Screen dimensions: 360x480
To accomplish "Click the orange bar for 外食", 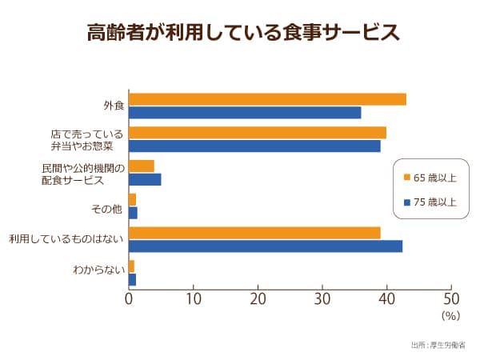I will (x=267, y=99).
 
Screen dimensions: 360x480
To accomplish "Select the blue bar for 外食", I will (x=245, y=113).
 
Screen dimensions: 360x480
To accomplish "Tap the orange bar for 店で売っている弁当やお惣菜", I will (x=258, y=133).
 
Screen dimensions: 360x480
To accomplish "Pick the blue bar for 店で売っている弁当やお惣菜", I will (x=254, y=146).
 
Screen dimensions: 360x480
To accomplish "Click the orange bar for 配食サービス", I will (x=142, y=166).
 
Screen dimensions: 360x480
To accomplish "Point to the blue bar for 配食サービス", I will (x=145, y=179).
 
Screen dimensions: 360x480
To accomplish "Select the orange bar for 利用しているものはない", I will (x=254, y=233).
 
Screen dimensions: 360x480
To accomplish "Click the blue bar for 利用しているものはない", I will (x=266, y=246).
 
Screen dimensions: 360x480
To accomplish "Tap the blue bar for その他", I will (x=133, y=213).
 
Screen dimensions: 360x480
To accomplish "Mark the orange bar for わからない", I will (x=132, y=266).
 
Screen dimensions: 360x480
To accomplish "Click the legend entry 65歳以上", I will (x=430, y=177).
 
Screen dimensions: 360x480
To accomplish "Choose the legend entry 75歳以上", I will (x=430, y=202).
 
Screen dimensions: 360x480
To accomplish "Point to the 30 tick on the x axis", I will (x=322, y=299).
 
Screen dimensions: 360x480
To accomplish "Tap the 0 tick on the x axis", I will (x=129, y=299).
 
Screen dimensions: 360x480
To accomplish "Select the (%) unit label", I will (x=451, y=316).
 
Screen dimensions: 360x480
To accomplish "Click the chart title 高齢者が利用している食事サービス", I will (x=242, y=33).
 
